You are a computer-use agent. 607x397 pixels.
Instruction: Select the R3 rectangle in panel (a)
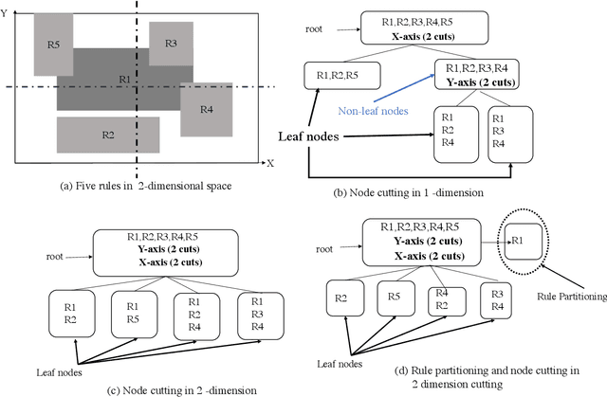tap(171, 44)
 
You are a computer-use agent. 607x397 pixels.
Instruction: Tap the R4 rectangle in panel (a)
tap(207, 109)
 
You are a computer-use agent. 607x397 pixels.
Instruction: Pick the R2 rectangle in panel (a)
tap(108, 135)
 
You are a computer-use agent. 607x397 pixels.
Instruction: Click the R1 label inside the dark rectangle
tap(124, 78)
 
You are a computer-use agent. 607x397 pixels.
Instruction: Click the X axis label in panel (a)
tap(269, 164)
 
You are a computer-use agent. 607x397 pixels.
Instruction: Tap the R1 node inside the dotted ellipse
tap(523, 241)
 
